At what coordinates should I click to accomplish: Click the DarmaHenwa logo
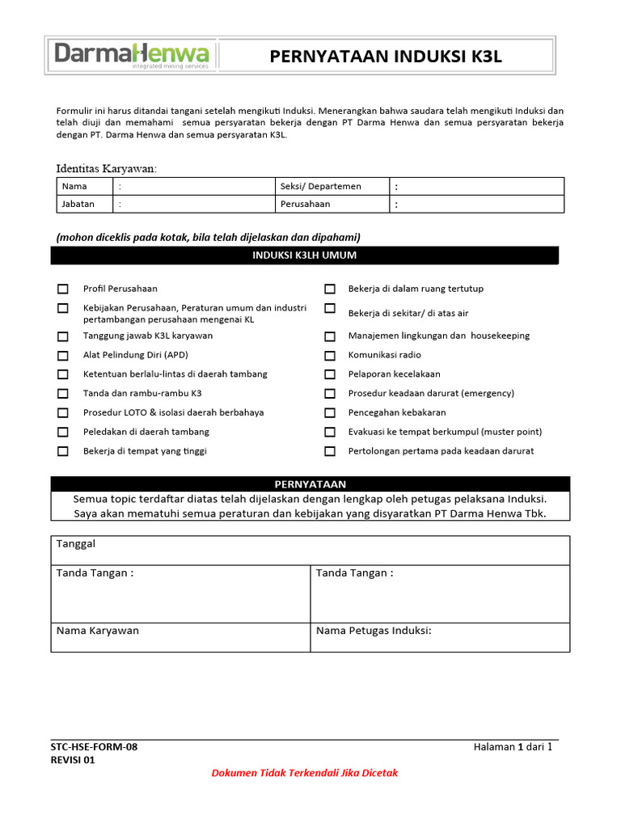point(132,55)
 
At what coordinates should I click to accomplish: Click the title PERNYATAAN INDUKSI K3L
point(386,56)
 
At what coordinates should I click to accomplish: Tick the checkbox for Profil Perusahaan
point(63,289)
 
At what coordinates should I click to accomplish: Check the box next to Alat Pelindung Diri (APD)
point(63,355)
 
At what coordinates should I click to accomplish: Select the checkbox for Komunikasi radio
point(330,355)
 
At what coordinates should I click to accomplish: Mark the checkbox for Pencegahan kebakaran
point(330,413)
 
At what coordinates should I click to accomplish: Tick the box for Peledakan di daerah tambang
point(63,433)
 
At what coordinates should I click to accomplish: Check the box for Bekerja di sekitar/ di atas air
point(330,309)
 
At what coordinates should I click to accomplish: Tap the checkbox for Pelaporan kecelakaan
point(330,374)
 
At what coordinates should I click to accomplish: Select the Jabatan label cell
point(78,205)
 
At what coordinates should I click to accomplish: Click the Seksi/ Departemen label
point(320,187)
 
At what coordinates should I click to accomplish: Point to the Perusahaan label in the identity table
point(305,205)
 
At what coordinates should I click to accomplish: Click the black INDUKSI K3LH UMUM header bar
point(304,256)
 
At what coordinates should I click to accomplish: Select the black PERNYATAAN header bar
point(310,484)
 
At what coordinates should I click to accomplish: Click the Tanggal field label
point(76,544)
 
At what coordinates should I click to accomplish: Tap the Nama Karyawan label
point(97,631)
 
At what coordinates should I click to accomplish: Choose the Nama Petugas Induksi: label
point(374,631)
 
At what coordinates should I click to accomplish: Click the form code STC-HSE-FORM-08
point(94,747)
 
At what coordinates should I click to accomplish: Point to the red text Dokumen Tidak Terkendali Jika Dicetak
point(304,773)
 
